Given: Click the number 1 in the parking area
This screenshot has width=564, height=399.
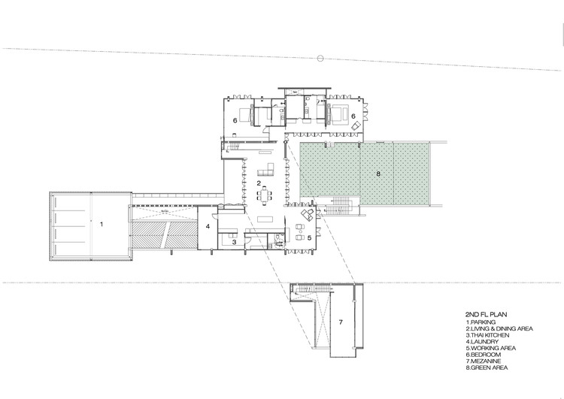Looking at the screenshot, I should [102, 222].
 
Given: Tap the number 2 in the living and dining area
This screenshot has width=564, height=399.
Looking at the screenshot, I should [259, 183].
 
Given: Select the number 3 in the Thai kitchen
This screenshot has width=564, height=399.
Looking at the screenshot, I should [234, 242].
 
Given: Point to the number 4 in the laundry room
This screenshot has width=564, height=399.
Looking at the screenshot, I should [207, 225].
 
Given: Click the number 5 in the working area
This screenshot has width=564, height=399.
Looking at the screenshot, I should [298, 237].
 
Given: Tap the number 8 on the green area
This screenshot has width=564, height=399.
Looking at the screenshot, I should [378, 174].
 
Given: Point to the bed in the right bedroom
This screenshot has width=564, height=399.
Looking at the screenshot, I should [338, 116].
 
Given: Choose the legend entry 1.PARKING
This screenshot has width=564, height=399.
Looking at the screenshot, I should [481, 322].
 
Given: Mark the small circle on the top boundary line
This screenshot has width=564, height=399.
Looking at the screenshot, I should [320, 57].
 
